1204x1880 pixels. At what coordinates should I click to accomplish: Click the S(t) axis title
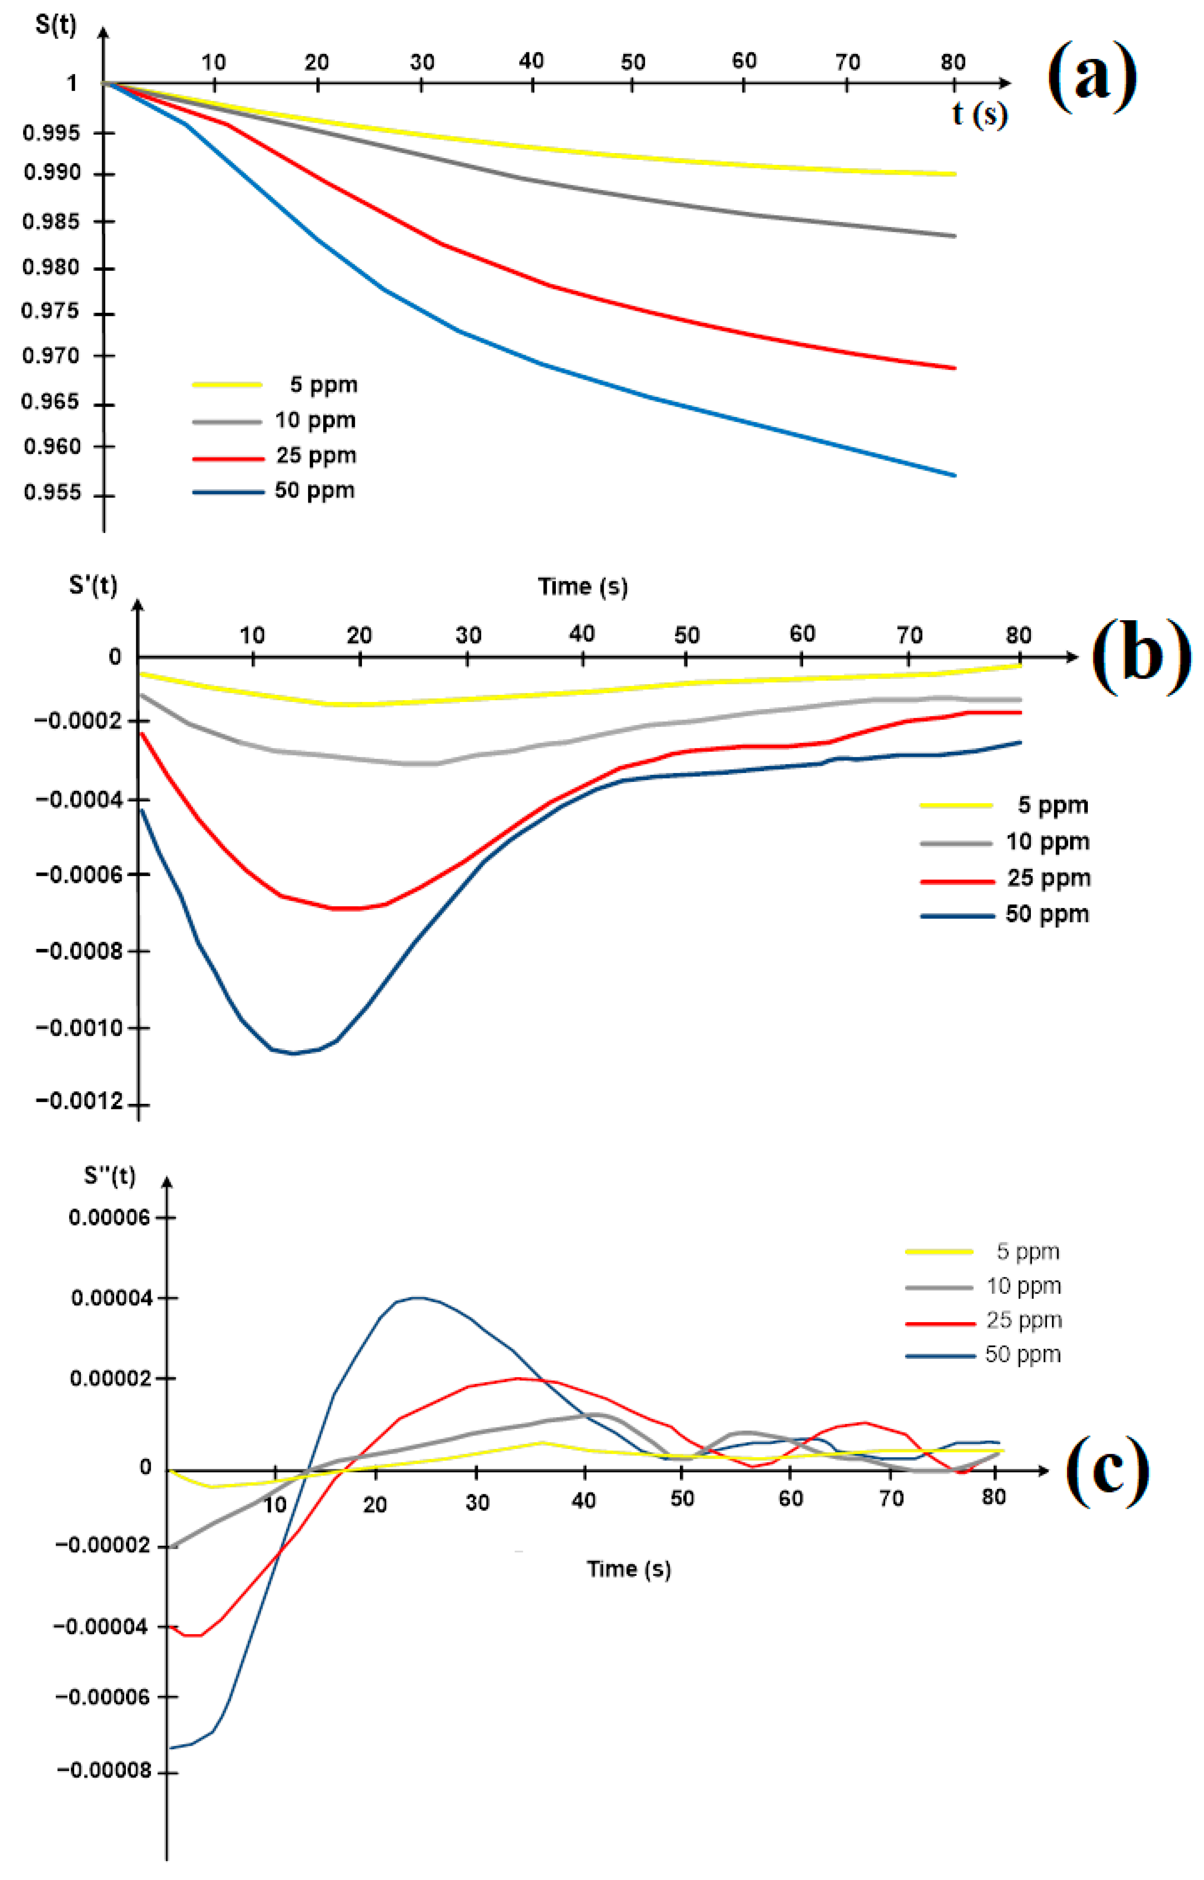tap(56, 25)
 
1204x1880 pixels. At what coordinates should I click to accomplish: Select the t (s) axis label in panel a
tap(979, 114)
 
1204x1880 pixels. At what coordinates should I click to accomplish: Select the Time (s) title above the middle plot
tap(583, 586)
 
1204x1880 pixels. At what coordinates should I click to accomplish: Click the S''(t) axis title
tap(110, 1176)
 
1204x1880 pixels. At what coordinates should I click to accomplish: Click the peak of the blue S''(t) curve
tap(418, 1298)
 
